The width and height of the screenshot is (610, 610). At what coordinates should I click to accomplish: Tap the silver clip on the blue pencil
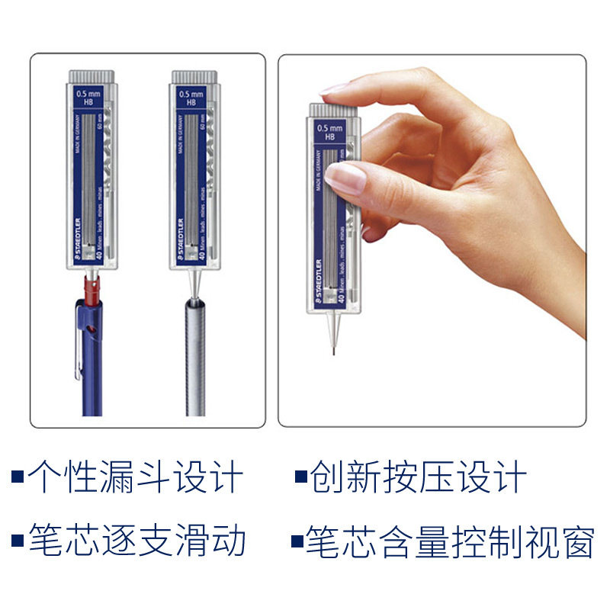79,343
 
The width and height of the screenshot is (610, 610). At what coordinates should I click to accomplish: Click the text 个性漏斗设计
136,478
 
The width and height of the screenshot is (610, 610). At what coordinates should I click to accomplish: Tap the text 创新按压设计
419,478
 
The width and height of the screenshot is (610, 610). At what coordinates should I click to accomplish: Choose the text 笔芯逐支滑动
137,540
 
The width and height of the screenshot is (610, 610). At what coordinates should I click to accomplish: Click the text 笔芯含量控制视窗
450,540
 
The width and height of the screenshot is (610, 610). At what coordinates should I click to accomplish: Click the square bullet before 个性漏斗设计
17,478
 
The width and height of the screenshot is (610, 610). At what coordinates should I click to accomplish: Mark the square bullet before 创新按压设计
300,478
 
